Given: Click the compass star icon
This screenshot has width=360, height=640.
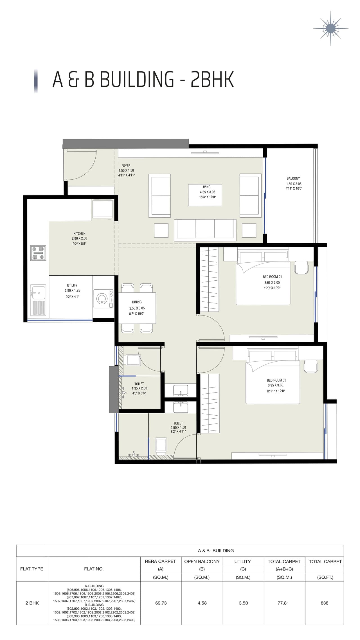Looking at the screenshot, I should click(330, 28).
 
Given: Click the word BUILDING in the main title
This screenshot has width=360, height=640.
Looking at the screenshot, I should click(137, 80).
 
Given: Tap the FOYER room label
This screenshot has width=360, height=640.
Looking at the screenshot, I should click(126, 166).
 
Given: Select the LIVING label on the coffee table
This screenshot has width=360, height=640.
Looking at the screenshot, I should click(206, 187).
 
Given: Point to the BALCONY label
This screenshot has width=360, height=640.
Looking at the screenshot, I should click(293, 178).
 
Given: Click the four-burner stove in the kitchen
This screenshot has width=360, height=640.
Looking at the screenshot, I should click(38, 253).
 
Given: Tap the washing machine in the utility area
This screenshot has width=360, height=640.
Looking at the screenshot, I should click(103, 298).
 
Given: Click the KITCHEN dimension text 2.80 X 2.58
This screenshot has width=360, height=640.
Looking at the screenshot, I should click(79, 238).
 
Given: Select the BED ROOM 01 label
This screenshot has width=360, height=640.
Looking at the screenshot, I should click(272, 277).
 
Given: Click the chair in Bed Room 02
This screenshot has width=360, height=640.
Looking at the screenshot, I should click(310, 366).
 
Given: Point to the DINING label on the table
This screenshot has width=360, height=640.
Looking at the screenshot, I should click(137, 302).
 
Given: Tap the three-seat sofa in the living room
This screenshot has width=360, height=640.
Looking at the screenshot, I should click(205, 229).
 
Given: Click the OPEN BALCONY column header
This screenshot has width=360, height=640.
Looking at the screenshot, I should click(202, 561).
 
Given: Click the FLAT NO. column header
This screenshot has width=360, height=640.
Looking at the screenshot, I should click(94, 569).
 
